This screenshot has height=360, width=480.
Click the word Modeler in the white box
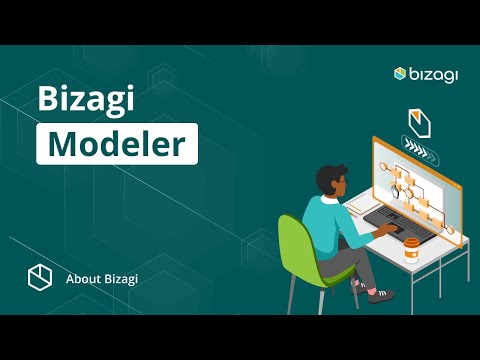[x=117, y=143]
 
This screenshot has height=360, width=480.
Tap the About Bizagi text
[x=101, y=278]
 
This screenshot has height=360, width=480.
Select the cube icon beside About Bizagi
[x=39, y=277]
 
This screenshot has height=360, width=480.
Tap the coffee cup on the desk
[x=410, y=251]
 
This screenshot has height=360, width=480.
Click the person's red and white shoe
[x=380, y=295]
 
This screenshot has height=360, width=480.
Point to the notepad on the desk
[x=356, y=205]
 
